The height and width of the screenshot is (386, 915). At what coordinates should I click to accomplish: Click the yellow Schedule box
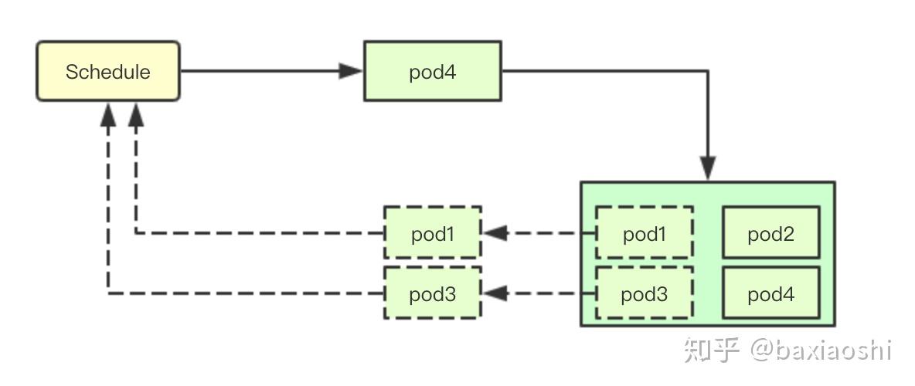tap(108, 71)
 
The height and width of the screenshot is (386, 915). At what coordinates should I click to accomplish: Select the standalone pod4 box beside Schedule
tap(433, 71)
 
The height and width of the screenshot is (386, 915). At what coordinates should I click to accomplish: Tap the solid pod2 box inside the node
tap(770, 232)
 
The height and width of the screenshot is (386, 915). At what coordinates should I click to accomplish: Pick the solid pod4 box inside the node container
tap(770, 293)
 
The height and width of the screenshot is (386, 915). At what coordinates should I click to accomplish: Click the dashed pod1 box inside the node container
tap(644, 232)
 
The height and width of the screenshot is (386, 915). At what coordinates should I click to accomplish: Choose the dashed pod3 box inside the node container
tap(644, 293)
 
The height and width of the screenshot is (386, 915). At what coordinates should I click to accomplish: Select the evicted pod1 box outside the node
tap(433, 232)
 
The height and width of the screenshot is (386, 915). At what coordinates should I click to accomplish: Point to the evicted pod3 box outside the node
tap(433, 293)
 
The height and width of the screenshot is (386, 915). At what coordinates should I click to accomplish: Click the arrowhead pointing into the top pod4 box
tap(351, 71)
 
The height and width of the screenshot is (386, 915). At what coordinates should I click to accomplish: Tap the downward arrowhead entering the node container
tap(707, 168)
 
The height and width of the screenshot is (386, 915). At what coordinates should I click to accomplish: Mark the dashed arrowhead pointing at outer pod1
tap(495, 232)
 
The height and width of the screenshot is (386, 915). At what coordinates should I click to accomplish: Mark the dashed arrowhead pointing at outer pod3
tap(495, 293)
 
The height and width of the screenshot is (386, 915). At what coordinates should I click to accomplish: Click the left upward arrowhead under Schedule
tap(109, 115)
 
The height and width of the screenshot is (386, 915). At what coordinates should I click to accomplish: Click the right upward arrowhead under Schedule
tap(136, 115)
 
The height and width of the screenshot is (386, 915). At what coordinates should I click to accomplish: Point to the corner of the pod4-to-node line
tap(707, 71)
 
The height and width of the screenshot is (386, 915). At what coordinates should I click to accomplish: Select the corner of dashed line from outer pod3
tap(109, 293)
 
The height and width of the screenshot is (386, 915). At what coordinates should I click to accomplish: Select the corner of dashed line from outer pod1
tap(136, 232)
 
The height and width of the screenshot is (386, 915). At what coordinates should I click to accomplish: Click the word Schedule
tap(108, 72)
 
